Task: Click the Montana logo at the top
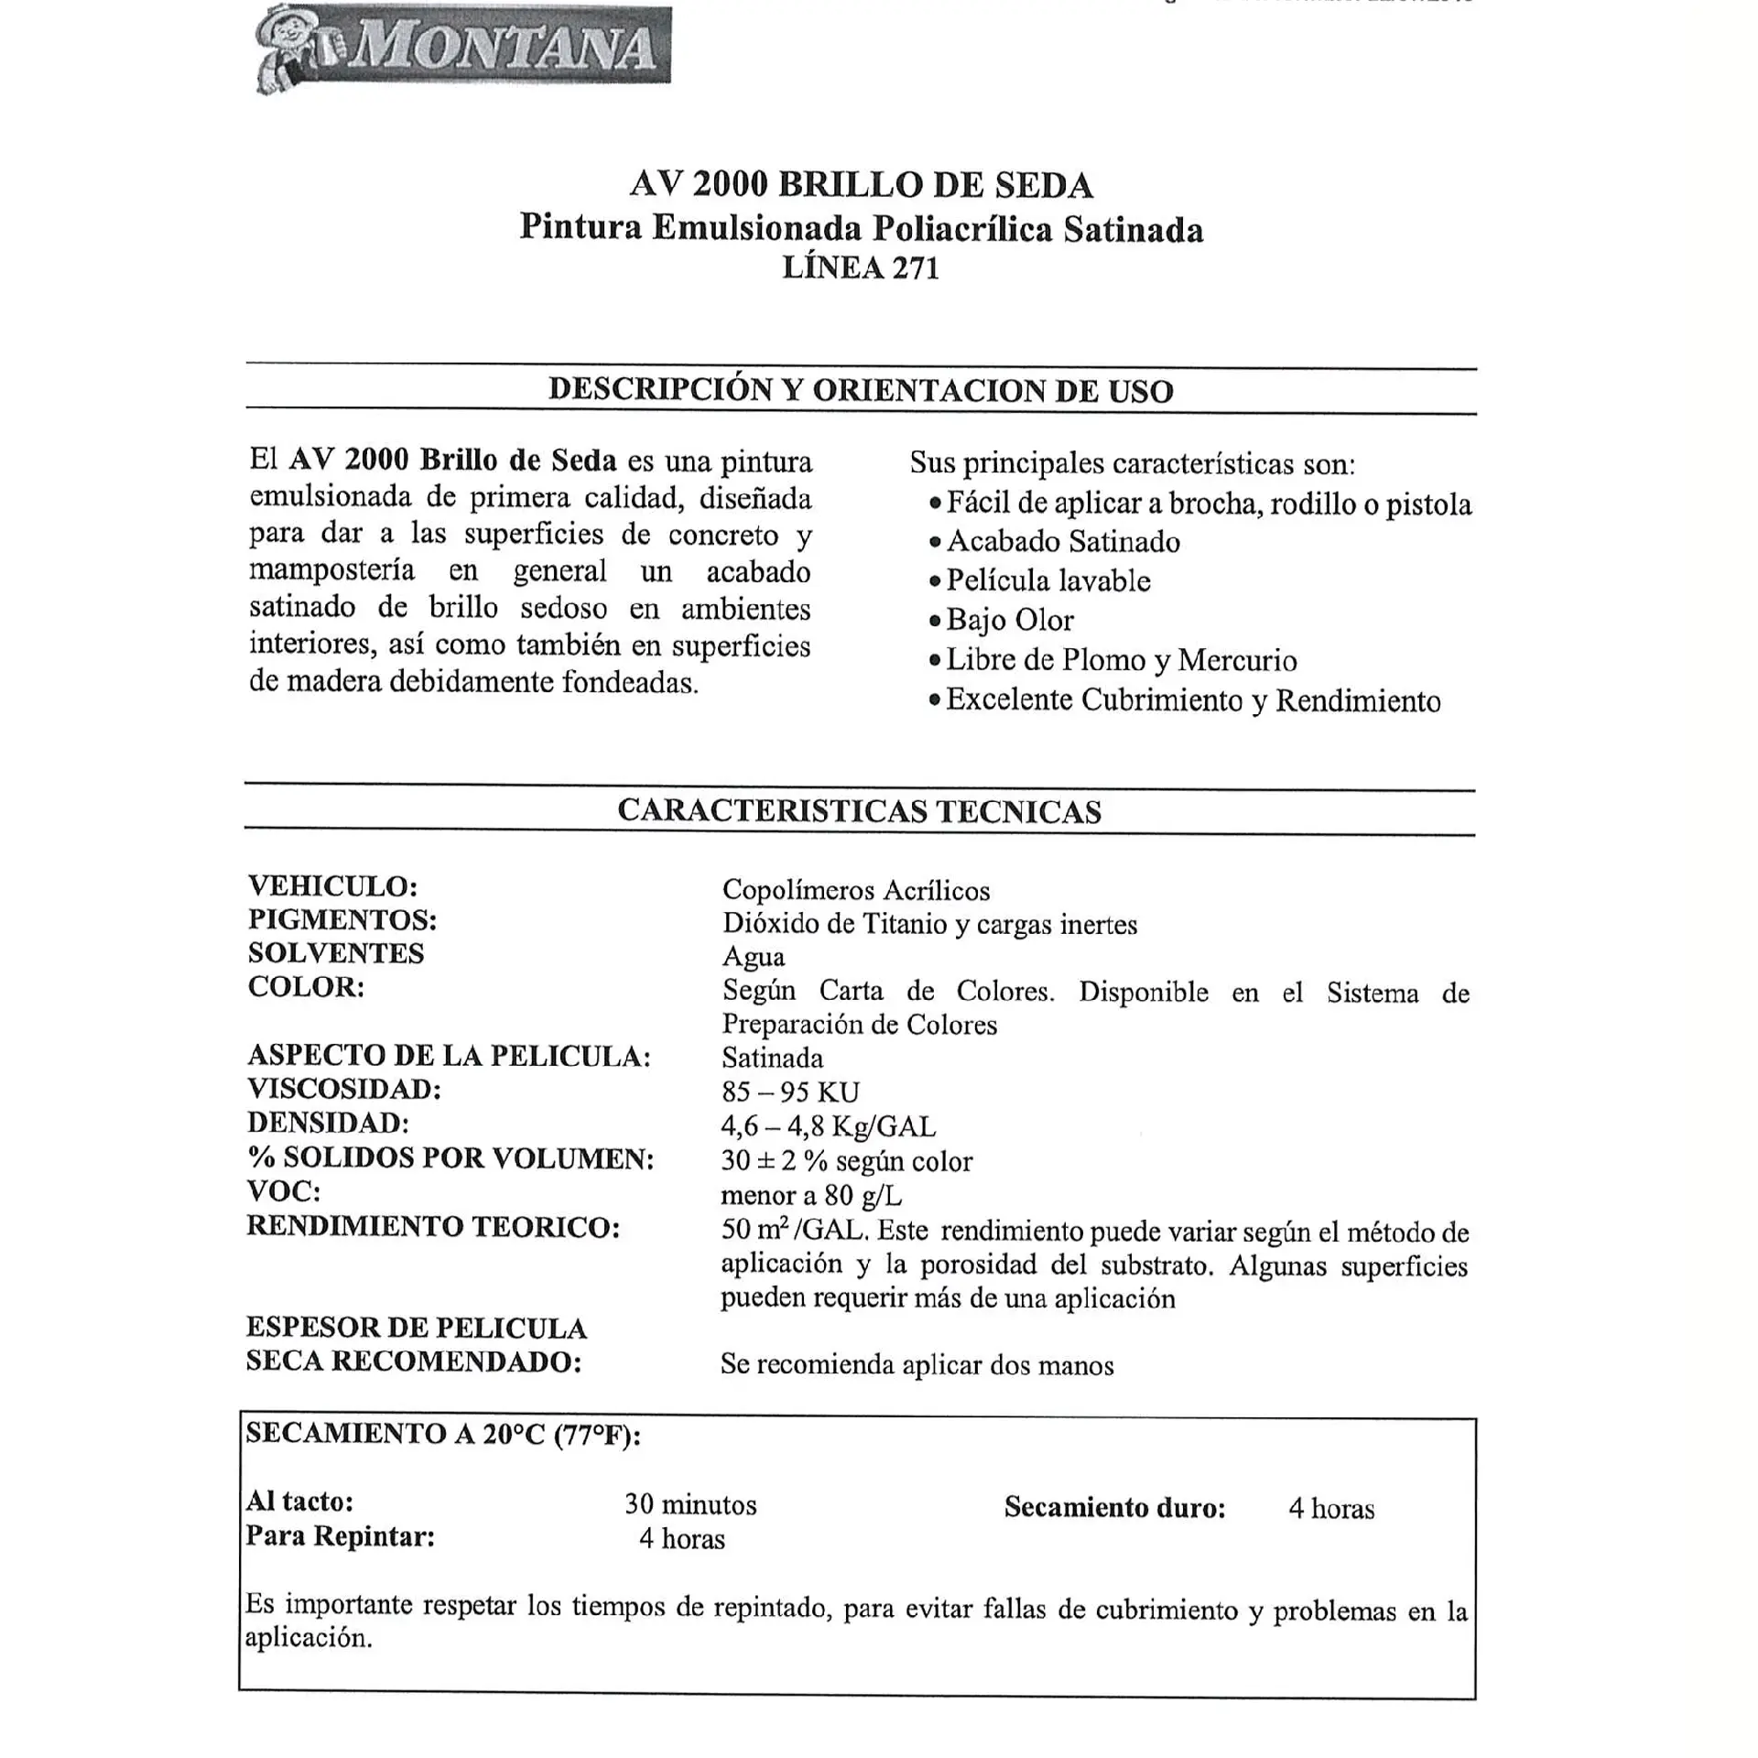(x=463, y=48)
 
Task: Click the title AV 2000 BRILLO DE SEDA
(x=861, y=185)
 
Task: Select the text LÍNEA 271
(x=861, y=267)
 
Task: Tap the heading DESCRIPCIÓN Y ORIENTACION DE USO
(x=861, y=391)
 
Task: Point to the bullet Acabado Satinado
(x=1062, y=542)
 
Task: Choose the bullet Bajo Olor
(x=1009, y=621)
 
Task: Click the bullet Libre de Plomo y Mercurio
(x=1121, y=660)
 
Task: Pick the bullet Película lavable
(x=1047, y=581)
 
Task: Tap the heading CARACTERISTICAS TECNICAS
(x=859, y=811)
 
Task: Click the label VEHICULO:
(x=333, y=886)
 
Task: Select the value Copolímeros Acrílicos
(x=856, y=890)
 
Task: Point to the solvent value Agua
(x=754, y=957)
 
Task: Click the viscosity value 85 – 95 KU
(x=790, y=1092)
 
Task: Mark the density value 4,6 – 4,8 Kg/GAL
(x=828, y=1126)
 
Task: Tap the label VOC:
(x=284, y=1191)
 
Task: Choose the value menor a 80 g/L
(x=811, y=1195)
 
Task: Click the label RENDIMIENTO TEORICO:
(x=433, y=1227)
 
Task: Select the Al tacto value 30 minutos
(x=690, y=1504)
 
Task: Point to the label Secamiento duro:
(x=1114, y=1507)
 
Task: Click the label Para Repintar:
(x=340, y=1536)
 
